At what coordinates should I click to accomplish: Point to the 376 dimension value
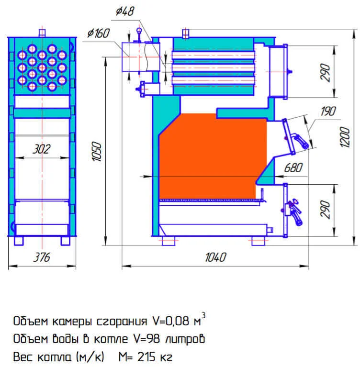pos(42,257)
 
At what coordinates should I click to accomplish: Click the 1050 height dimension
pos(96,152)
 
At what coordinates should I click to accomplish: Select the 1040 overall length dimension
pos(214,257)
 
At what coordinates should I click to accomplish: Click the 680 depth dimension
pos(293,168)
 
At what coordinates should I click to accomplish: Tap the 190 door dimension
pos(328,111)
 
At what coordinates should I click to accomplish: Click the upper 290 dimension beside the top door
pos(326,72)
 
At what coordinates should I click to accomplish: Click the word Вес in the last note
pos(24,357)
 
